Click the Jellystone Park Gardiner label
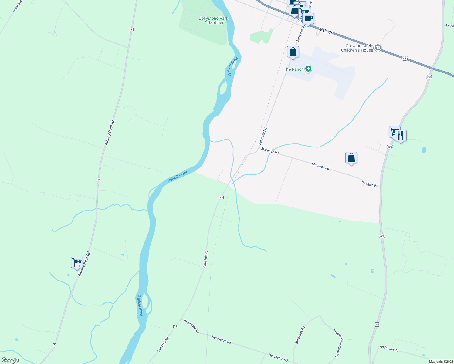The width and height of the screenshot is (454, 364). pos(213,20)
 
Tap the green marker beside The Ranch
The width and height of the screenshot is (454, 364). pos(308,69)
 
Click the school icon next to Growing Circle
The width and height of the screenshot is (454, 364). pos(378,48)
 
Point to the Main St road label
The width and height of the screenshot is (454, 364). pos(325,31)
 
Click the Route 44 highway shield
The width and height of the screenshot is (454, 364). pos(405,58)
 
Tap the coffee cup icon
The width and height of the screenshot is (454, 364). pos(308,19)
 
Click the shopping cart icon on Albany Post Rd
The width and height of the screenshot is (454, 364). pos(77,262)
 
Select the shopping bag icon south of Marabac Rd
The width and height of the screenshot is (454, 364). pos(351,158)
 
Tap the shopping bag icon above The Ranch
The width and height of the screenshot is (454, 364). pos(293,52)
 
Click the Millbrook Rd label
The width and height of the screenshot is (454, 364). pos(300,335)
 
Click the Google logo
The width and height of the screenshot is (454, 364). pos(10,360)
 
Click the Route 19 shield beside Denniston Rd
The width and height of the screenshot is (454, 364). pos(176,326)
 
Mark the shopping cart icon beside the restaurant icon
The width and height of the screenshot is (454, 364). pos(394,132)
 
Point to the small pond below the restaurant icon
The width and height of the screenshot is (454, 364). pos(424,150)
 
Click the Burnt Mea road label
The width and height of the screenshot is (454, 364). pos(18,6)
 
